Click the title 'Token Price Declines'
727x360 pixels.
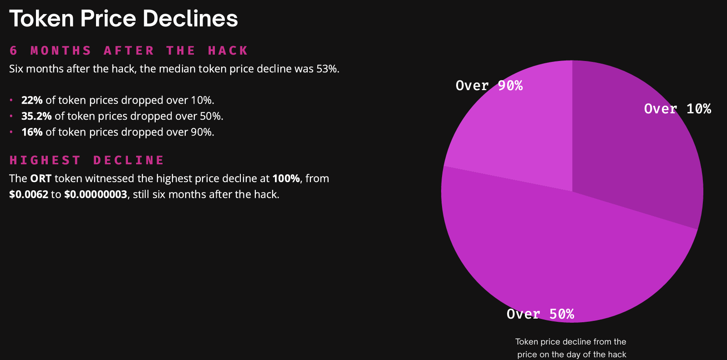pos(123,19)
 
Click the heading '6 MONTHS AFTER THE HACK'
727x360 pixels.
pos(129,51)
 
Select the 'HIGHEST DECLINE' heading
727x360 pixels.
pos(87,160)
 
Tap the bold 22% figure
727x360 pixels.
pos(32,100)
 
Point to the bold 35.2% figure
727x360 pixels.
pos(36,116)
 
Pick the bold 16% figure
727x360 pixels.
pos(32,132)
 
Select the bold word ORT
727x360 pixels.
pos(41,178)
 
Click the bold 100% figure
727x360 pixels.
pos(286,178)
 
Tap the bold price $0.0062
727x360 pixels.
pos(29,194)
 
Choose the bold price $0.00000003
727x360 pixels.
pos(96,194)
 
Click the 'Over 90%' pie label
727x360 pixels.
pos(489,86)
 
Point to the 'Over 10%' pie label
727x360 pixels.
pos(677,109)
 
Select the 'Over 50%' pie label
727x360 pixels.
pos(540,314)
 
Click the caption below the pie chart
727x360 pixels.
pos(571,348)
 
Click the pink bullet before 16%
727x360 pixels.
pos(11,132)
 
